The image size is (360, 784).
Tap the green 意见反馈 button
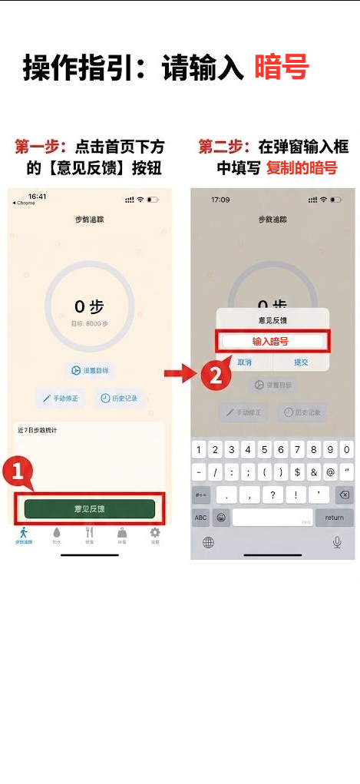(x=90, y=508)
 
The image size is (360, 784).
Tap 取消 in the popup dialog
(x=244, y=362)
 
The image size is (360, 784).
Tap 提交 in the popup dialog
(x=301, y=362)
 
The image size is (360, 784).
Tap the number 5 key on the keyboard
(x=263, y=450)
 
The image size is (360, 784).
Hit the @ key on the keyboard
(x=330, y=472)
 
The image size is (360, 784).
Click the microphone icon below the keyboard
(x=336, y=542)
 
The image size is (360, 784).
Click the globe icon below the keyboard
(x=208, y=542)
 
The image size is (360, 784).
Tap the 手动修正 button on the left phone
(x=60, y=399)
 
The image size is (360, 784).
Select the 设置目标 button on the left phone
(x=90, y=371)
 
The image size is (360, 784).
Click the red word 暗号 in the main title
(x=281, y=68)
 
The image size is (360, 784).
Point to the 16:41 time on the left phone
(x=37, y=197)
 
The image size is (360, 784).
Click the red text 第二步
(x=223, y=146)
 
